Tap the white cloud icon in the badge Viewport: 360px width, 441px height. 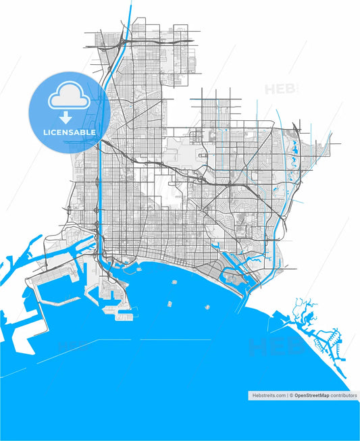(x=68, y=99)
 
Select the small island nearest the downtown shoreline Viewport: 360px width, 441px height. (x=138, y=268)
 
